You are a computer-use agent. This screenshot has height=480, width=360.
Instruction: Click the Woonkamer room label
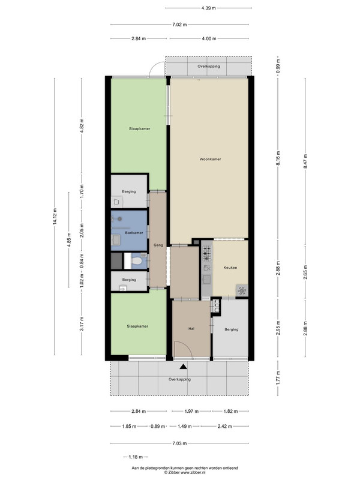[x=210, y=159]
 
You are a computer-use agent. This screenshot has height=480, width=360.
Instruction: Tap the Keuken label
[x=230, y=268]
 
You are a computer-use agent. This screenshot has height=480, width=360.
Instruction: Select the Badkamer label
[x=134, y=233]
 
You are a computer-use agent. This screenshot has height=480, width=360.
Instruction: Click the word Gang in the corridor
[x=158, y=245]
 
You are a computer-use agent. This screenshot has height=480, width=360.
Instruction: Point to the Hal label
[x=191, y=329]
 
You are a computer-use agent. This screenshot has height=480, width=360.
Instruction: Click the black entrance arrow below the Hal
[x=183, y=366]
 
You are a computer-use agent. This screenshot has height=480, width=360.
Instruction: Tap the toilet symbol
[x=136, y=261]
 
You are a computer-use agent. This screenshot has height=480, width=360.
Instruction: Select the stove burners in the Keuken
[x=207, y=253]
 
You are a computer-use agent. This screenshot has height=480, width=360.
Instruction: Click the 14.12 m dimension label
[x=55, y=217]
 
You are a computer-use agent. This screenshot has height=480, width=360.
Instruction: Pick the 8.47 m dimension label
[x=305, y=160]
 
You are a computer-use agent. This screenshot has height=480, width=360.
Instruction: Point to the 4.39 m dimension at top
[x=208, y=8]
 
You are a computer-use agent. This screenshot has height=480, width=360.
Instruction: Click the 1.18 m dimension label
[x=136, y=457]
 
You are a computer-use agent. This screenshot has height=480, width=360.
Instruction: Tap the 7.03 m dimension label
[x=179, y=443]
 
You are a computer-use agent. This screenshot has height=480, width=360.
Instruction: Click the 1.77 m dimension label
[x=278, y=378]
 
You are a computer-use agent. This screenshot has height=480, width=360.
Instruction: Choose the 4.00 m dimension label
[x=209, y=38]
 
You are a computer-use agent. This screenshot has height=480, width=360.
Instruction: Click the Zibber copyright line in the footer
[x=185, y=472]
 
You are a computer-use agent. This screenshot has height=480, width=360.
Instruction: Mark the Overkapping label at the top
[x=208, y=66]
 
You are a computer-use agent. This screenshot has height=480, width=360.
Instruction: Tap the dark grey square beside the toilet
[x=116, y=261]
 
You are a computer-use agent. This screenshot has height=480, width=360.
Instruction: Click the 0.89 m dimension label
[x=158, y=426]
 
